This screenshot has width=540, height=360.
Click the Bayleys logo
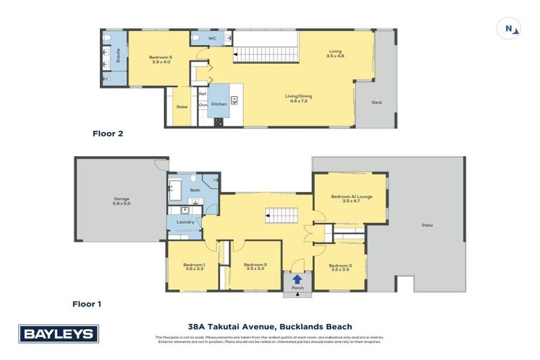[58, 333]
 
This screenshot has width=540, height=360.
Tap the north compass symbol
[508, 28]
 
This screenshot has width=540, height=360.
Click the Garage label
[122, 200]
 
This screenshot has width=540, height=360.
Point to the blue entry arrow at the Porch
[297, 279]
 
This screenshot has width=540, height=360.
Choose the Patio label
[427, 225]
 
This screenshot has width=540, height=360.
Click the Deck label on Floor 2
[376, 102]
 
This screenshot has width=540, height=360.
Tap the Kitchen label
[219, 104]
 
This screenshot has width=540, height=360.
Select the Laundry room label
[185, 222]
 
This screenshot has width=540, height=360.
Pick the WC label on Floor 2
[212, 38]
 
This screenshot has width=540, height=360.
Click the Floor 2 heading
[108, 132]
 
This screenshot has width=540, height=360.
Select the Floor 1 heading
[87, 304]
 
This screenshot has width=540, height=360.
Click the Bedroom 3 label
[340, 266]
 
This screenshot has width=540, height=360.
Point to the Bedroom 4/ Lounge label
[350, 199]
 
